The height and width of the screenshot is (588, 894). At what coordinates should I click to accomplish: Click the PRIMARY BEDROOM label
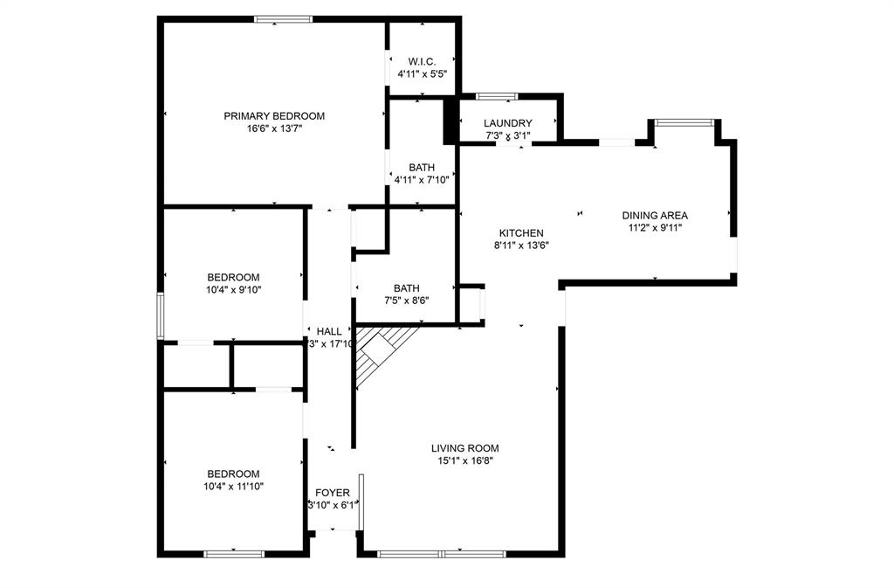(x=274, y=116)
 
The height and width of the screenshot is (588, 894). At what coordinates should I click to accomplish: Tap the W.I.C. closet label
(x=422, y=62)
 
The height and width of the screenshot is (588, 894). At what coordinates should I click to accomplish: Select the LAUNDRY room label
(x=508, y=123)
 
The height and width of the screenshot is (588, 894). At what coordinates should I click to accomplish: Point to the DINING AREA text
(x=655, y=216)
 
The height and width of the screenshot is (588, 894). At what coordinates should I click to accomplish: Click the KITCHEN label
(x=521, y=233)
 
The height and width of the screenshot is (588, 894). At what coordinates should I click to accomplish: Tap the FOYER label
(x=333, y=493)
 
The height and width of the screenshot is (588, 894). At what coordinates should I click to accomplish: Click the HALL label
(x=329, y=331)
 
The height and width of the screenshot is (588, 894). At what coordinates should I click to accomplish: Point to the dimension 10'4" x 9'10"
(x=233, y=290)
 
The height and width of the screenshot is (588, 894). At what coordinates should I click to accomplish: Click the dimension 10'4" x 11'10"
(x=233, y=486)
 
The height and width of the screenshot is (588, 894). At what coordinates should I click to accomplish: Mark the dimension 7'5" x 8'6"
(x=406, y=301)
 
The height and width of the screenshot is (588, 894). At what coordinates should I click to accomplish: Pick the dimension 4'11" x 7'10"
(x=422, y=180)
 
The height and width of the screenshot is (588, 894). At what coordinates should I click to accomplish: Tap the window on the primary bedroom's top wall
(x=283, y=18)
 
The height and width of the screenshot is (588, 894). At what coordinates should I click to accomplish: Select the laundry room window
(x=497, y=95)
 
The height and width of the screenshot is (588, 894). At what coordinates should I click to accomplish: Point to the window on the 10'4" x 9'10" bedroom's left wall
(x=161, y=315)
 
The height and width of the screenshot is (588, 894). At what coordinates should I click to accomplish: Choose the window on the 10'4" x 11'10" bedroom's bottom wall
(x=234, y=553)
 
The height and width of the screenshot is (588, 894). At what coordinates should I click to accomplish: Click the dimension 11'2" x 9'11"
(x=655, y=228)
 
